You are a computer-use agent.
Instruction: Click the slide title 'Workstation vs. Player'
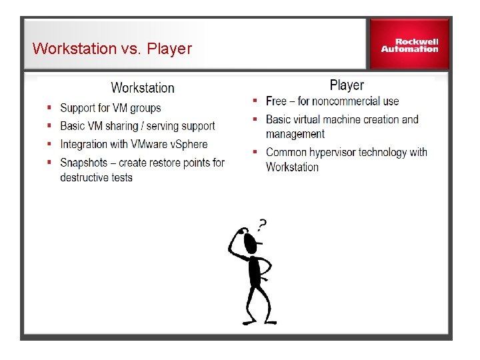pos(112,49)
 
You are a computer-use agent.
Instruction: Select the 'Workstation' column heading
pos(143,88)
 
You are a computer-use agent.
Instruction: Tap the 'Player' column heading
pos(347,85)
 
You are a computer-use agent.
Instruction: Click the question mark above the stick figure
pos(262,225)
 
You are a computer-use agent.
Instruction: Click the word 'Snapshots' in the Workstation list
pos(83,163)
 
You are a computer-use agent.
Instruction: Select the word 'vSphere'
pos(189,144)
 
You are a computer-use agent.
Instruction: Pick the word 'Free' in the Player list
pos(276,101)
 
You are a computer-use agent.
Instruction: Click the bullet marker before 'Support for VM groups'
pos(49,108)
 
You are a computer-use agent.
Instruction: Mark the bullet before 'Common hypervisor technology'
pos(255,152)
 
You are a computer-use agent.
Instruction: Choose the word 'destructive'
pos(87,177)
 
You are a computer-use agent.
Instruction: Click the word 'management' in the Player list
pos(295,134)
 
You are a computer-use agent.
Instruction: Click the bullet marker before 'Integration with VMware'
pos(49,144)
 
